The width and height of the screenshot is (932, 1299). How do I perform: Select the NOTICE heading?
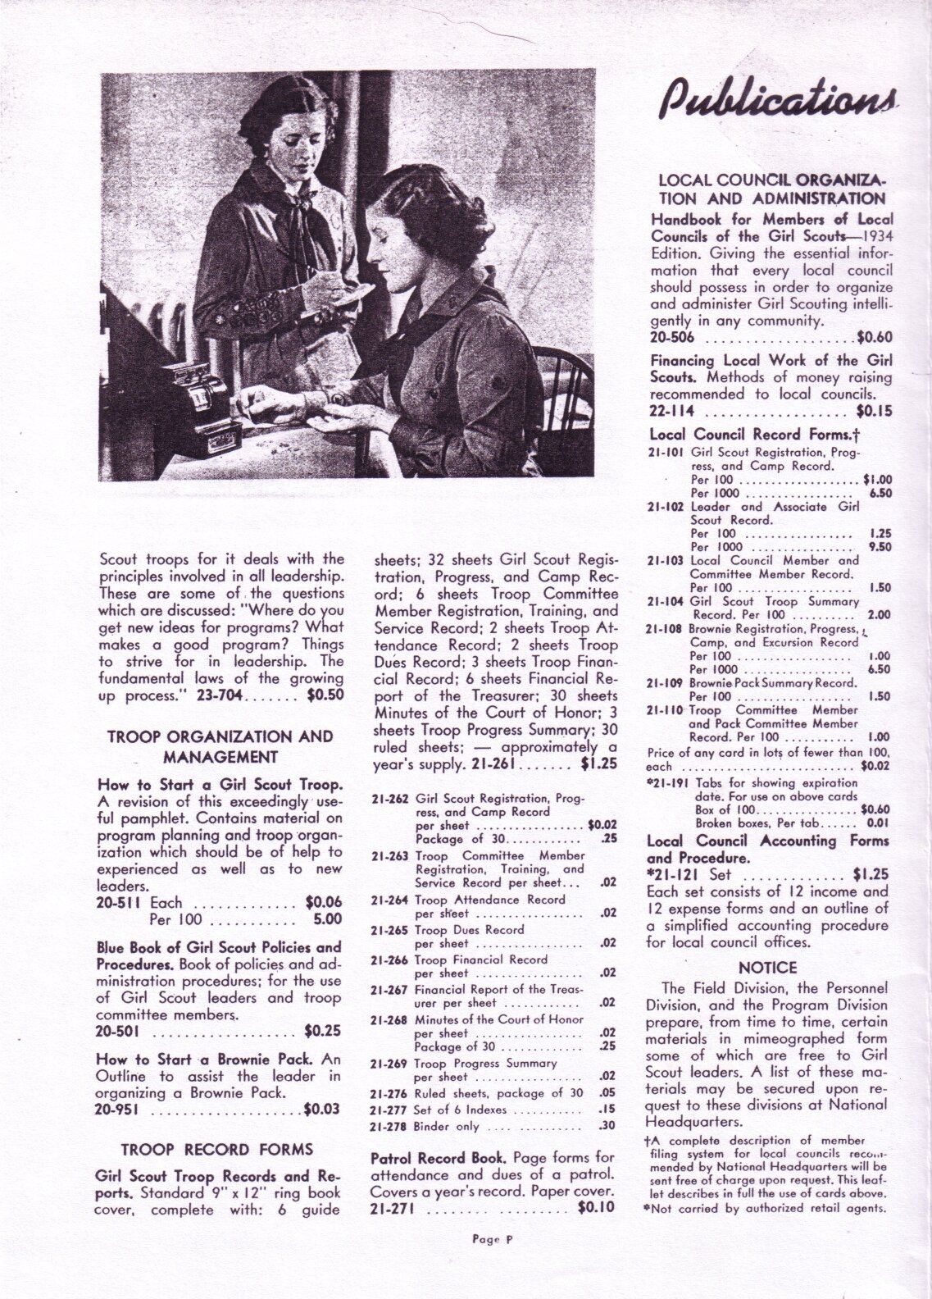tap(768, 968)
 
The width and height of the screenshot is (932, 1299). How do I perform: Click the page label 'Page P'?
tap(492, 1263)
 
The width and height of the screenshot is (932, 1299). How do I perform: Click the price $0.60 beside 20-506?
tap(874, 336)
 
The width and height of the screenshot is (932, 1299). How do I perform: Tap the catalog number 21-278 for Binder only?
tap(388, 1126)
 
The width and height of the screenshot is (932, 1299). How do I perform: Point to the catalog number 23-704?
tap(218, 695)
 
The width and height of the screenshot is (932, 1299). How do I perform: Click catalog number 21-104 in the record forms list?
tap(666, 600)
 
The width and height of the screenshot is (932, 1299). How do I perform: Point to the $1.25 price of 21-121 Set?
tap(871, 873)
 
